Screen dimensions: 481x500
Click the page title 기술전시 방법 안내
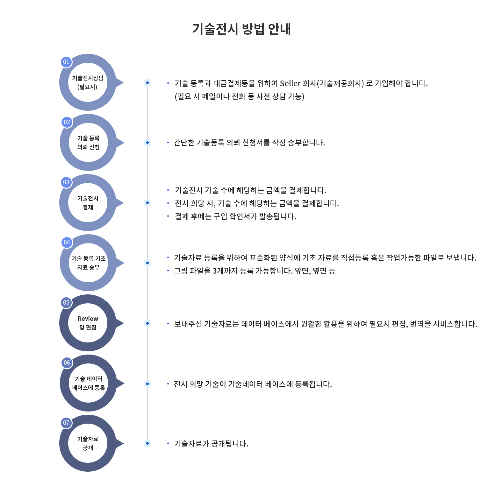click(x=241, y=29)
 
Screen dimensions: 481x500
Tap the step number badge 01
click(x=66, y=62)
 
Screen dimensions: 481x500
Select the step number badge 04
click(x=67, y=243)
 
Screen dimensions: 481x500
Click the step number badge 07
click(x=66, y=423)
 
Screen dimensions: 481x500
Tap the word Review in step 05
click(x=88, y=319)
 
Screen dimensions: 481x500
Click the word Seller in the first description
click(x=290, y=83)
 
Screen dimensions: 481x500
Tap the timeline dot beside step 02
click(x=147, y=143)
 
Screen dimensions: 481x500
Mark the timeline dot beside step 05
click(x=147, y=323)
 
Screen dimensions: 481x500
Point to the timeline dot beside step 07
click(x=147, y=443)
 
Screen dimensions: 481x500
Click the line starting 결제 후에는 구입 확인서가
click(x=236, y=216)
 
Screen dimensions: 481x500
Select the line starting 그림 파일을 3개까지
click(x=255, y=271)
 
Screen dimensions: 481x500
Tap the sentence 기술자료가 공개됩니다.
click(x=211, y=444)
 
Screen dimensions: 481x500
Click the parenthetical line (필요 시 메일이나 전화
click(x=240, y=96)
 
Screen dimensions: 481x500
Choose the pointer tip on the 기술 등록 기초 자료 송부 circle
click(x=124, y=263)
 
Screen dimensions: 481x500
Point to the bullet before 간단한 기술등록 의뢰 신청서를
click(x=168, y=143)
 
